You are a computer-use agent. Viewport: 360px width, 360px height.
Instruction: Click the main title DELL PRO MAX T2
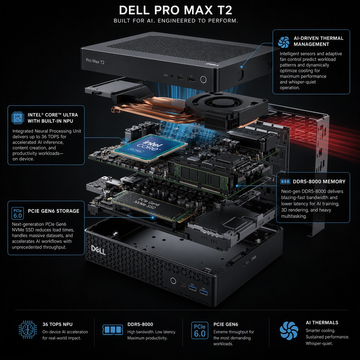175,10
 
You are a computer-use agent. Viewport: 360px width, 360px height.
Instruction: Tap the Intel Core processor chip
149,148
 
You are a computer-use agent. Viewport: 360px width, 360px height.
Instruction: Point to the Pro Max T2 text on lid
95,61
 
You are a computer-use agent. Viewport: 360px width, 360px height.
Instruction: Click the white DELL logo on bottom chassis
98,250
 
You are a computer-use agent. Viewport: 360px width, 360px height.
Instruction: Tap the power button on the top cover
203,79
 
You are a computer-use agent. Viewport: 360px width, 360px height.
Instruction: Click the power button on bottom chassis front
173,280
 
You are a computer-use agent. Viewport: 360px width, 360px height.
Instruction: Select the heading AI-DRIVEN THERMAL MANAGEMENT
318,41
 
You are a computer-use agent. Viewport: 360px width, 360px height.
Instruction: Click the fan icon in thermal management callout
283,42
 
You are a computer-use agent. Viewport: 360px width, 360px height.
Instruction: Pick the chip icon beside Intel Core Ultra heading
18,117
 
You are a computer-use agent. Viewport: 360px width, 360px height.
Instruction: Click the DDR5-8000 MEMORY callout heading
319,181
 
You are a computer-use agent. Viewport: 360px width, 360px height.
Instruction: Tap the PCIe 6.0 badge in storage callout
18,213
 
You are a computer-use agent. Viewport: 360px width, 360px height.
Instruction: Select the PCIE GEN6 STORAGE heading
54,211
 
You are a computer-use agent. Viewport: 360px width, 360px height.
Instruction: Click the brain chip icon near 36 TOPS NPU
27,330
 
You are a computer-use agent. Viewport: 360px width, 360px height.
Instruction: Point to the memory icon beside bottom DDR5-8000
113,330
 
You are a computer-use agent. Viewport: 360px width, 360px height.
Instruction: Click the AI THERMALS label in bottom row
322,322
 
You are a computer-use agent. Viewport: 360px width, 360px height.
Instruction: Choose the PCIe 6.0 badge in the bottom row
199,330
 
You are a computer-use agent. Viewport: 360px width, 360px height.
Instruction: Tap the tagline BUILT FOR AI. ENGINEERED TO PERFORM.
175,21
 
